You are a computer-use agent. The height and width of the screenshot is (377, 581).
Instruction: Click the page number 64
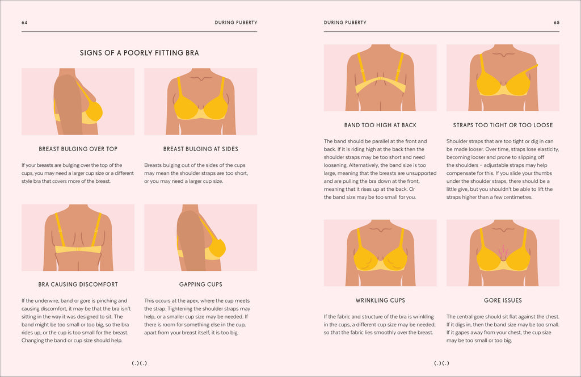[x=24, y=23]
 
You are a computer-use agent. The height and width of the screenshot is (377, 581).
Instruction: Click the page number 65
[x=556, y=23]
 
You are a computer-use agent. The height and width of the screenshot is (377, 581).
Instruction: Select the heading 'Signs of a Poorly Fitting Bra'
[x=139, y=53]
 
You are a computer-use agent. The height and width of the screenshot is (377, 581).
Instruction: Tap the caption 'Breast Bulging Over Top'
[x=78, y=149]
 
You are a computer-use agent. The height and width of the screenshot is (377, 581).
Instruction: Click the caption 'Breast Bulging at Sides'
[x=200, y=149]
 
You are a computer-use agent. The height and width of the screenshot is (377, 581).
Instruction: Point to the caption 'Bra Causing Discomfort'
[x=78, y=284]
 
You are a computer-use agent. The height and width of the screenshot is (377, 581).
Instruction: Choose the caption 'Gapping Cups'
[x=200, y=284]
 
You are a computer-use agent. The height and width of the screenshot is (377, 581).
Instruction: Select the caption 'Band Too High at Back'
[x=380, y=125]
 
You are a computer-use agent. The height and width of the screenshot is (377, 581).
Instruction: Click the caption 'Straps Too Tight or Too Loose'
[x=503, y=125]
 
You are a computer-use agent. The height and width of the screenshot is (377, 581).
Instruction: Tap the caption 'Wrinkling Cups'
[x=380, y=300]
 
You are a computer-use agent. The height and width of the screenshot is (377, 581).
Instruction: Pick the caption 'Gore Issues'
[x=503, y=300]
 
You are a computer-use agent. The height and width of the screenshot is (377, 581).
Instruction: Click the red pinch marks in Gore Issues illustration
[x=503, y=250]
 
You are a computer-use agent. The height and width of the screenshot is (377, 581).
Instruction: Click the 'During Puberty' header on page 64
[x=236, y=23]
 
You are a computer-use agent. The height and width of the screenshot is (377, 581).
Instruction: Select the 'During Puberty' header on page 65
[x=345, y=23]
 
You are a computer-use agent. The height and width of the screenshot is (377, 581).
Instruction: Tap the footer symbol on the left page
[x=139, y=363]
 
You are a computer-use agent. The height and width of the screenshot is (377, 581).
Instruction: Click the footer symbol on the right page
[x=441, y=363]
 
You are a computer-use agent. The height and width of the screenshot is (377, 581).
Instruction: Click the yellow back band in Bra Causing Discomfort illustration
[x=78, y=249]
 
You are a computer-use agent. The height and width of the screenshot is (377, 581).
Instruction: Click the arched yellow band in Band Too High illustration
[x=380, y=85]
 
